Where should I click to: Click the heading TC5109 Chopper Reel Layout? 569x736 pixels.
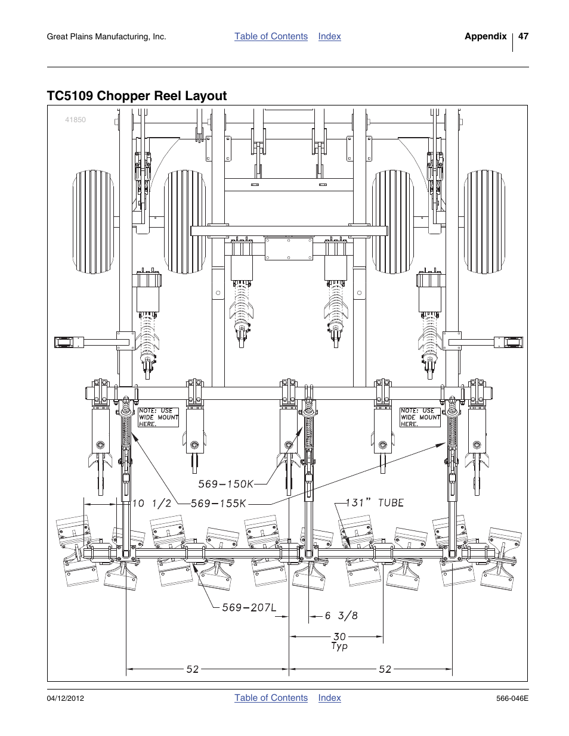[x=137, y=96]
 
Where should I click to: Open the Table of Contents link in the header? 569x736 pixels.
[x=271, y=36]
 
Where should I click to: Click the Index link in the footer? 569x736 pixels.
[x=329, y=698]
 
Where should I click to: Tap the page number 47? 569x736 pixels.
[x=523, y=36]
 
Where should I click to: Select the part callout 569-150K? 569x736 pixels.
[x=225, y=485]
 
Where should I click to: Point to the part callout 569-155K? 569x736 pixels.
[x=218, y=504]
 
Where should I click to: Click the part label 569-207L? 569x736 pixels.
[x=249, y=607]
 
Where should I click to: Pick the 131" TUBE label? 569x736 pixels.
[x=375, y=503]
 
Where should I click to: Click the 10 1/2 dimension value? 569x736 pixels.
[x=151, y=504]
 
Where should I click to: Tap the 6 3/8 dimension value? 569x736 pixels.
[x=341, y=616]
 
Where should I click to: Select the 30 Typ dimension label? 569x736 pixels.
[x=339, y=641]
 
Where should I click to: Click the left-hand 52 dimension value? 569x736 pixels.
[x=192, y=669]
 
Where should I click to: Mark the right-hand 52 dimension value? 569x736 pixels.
[x=385, y=669]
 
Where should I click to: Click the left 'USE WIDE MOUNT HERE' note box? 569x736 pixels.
[x=158, y=417]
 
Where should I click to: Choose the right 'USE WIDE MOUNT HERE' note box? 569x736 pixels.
[x=420, y=417]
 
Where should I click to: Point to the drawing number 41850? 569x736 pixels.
[x=75, y=120]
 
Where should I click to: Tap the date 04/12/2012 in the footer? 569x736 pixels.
[x=64, y=698]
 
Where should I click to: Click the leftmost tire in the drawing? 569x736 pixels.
[x=94, y=222]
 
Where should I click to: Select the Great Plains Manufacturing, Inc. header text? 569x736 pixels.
[x=106, y=37]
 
